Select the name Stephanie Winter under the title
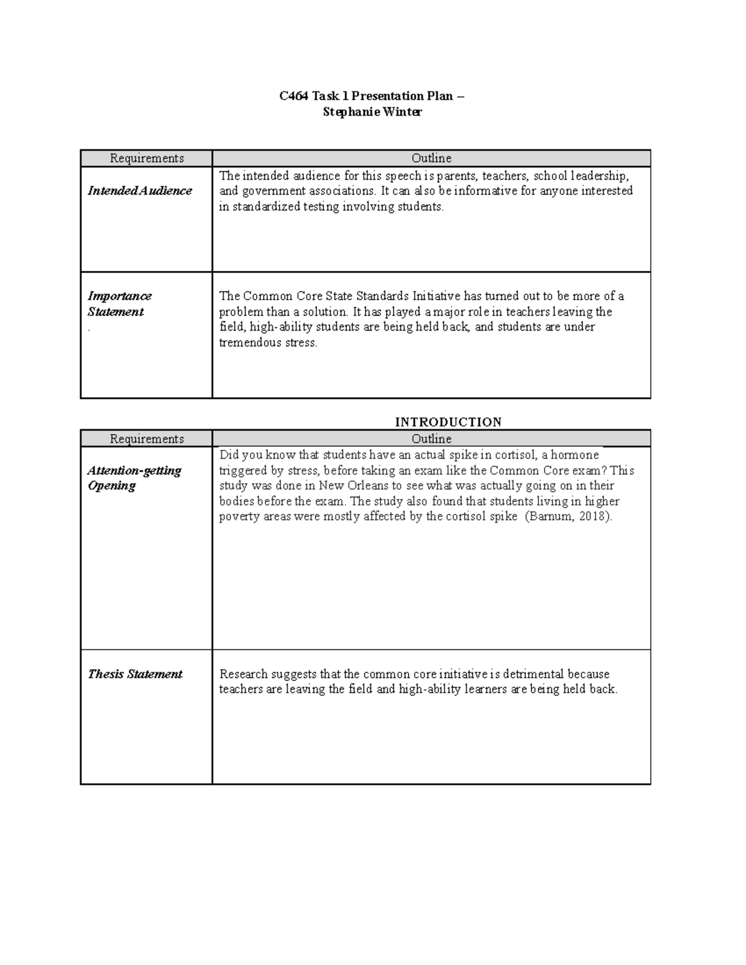pyautogui.click(x=372, y=112)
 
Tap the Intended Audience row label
pyautogui.click(x=140, y=191)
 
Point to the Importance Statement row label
pyautogui.click(x=119, y=304)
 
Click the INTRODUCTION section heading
pyautogui.click(x=448, y=422)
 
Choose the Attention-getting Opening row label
pyautogui.click(x=134, y=478)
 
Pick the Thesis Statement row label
pyautogui.click(x=135, y=674)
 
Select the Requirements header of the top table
pyautogui.click(x=147, y=158)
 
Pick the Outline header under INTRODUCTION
pyautogui.click(x=431, y=439)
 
